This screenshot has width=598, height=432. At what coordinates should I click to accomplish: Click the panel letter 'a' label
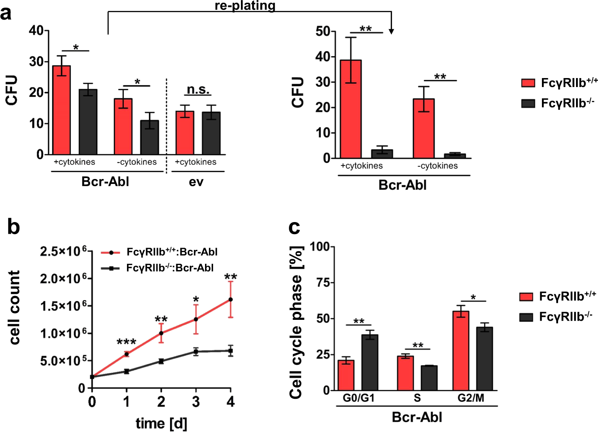(x=6, y=13)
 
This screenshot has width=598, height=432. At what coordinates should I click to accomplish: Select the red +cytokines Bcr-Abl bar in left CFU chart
(x=61, y=110)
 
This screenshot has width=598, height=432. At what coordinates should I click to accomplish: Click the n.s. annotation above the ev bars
(x=198, y=90)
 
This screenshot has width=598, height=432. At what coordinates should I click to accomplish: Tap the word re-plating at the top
(x=245, y=5)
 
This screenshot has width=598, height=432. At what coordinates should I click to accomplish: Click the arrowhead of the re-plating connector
(x=391, y=31)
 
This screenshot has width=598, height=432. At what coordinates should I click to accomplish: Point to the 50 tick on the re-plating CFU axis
(x=323, y=31)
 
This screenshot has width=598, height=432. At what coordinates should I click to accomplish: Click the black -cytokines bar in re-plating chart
(x=455, y=156)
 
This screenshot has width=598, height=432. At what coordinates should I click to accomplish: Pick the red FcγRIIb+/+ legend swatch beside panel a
(x=528, y=83)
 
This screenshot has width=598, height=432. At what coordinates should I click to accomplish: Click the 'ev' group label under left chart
(x=196, y=182)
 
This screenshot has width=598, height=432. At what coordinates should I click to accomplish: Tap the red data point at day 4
(x=231, y=299)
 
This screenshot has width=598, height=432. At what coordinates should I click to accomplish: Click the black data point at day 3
(x=196, y=352)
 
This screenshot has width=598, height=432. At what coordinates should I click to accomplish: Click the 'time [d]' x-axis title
(x=161, y=423)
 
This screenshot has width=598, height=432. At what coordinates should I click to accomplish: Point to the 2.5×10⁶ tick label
(x=63, y=251)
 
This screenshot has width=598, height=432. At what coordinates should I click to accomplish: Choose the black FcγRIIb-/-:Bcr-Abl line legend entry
(x=157, y=268)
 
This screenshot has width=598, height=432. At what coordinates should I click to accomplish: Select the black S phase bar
(x=429, y=378)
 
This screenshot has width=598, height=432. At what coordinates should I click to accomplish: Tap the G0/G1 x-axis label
(x=358, y=398)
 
